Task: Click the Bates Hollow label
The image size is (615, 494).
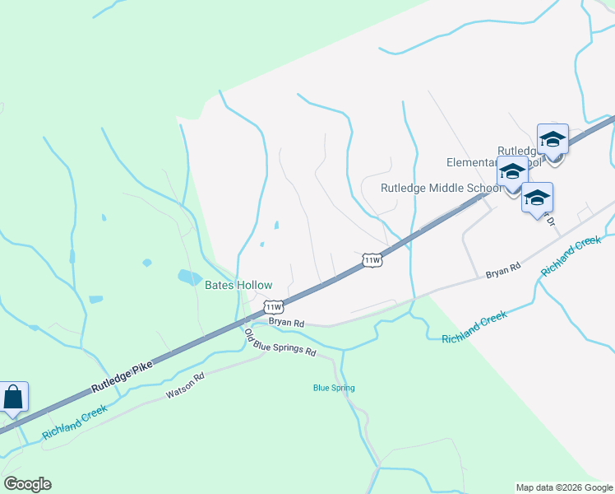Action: point(238,285)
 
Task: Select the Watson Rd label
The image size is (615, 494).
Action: point(184,387)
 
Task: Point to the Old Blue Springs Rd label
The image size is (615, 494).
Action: point(280,343)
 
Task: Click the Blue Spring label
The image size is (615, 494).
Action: point(334,388)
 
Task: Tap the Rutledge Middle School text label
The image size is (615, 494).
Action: point(441,188)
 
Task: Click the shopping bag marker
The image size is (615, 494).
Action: point(14,397)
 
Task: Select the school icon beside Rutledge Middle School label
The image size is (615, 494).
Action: point(512,173)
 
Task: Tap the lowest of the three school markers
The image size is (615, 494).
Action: point(537,198)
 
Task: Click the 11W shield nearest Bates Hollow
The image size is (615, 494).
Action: point(274,306)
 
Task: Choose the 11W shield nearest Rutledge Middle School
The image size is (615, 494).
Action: point(372,260)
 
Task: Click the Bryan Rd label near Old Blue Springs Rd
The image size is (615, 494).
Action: point(287,323)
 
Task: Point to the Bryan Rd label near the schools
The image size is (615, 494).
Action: point(502,269)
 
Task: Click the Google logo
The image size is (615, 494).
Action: point(27,484)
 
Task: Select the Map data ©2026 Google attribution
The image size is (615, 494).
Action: point(564,487)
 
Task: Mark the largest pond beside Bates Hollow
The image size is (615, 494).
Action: point(189,277)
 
